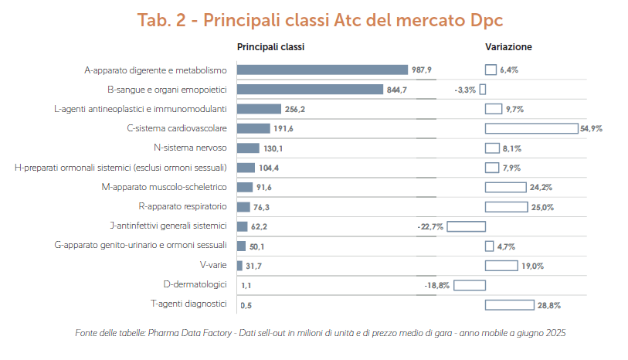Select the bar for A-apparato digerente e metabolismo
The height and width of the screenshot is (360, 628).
(321, 70)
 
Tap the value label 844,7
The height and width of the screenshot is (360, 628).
(396, 90)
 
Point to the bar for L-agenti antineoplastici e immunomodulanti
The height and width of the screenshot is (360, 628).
(259, 109)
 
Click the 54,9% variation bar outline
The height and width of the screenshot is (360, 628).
(531, 128)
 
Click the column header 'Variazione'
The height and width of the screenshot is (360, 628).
(508, 47)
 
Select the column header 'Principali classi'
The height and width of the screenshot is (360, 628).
(270, 47)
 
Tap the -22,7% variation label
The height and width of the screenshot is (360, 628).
(430, 226)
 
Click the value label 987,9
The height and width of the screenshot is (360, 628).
(422, 70)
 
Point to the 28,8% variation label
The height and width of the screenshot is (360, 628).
(549, 306)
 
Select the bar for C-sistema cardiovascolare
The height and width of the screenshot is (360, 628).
(253, 128)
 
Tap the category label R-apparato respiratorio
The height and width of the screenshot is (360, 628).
(182, 207)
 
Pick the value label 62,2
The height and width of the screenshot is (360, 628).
(260, 226)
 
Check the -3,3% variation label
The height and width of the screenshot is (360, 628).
(465, 90)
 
